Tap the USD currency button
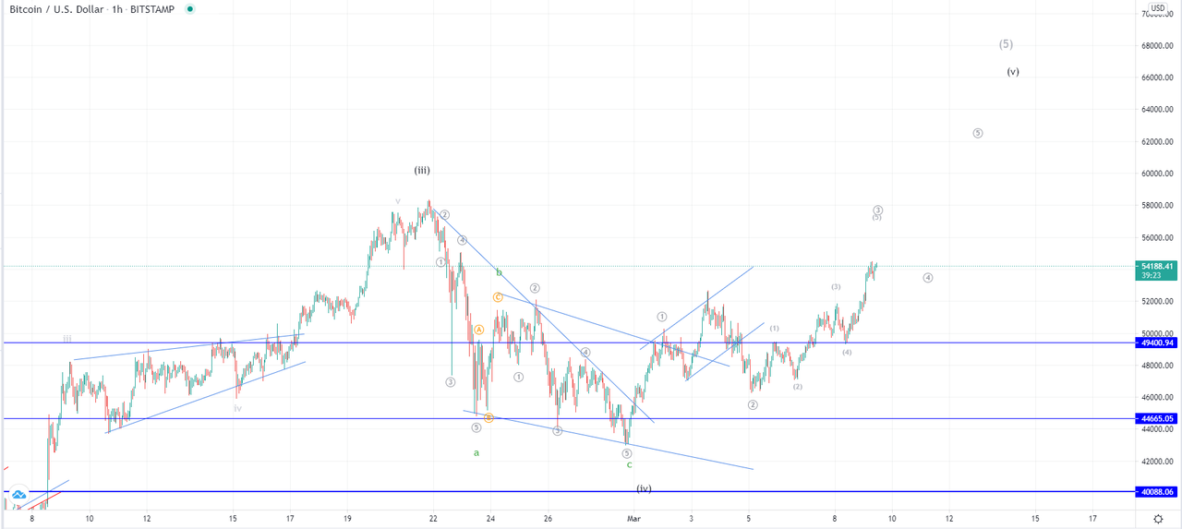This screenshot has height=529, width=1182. pyautogui.click(x=1157, y=7)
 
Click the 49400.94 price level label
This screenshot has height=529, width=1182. pyautogui.click(x=1155, y=343)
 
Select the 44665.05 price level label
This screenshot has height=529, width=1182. pyautogui.click(x=1155, y=418)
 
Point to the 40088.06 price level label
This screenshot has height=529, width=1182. pyautogui.click(x=1155, y=492)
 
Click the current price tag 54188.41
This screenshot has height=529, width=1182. pyautogui.click(x=1155, y=266)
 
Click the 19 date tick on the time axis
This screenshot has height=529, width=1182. pyautogui.click(x=347, y=519)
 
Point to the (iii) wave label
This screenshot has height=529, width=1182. pyautogui.click(x=422, y=170)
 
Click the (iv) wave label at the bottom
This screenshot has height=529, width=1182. pyautogui.click(x=644, y=488)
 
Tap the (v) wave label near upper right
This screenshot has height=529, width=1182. pyautogui.click(x=1013, y=71)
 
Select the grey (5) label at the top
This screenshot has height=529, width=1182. pyautogui.click(x=1006, y=43)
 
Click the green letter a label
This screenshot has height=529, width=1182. pyautogui.click(x=476, y=452)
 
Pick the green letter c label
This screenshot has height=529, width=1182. pyautogui.click(x=629, y=464)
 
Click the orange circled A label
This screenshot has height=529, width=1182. pyautogui.click(x=478, y=330)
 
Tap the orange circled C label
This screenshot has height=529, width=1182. pyautogui.click(x=497, y=297)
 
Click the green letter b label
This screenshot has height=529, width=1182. pyautogui.click(x=499, y=272)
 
